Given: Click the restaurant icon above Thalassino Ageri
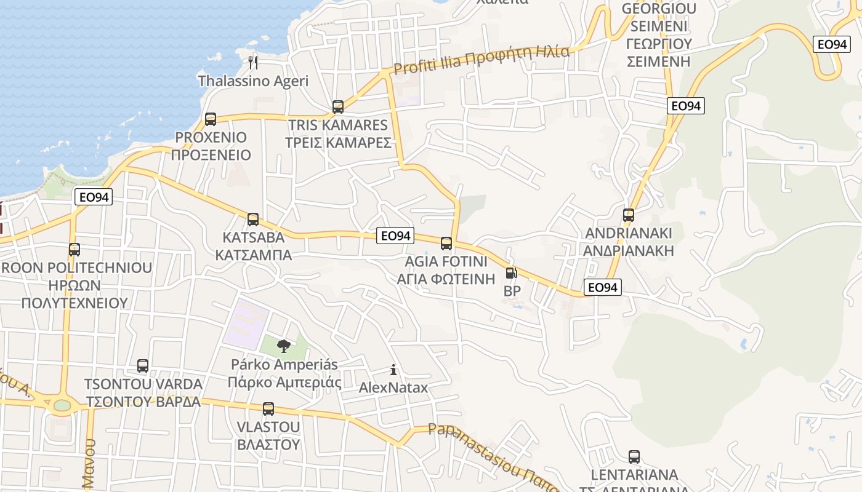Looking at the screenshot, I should [252, 61].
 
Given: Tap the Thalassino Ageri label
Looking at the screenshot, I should [253, 81].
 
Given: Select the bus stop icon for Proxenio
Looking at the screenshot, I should [211, 119].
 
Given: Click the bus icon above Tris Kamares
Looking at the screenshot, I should [338, 107].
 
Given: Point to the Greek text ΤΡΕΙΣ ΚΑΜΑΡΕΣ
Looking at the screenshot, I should [338, 143].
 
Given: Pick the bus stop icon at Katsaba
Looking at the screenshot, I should [253, 220].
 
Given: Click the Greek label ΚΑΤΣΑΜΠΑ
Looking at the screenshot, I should [254, 255].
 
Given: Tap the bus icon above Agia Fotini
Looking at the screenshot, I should [446, 244].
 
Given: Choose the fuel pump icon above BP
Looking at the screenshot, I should [511, 273].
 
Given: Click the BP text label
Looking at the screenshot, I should [512, 291].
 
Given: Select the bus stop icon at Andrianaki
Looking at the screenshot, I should [629, 215].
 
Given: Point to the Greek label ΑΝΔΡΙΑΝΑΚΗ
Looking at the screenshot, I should [629, 251].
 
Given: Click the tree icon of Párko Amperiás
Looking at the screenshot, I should [283, 346].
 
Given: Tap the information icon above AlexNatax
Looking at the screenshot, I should [393, 370].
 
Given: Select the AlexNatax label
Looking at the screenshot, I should [393, 388].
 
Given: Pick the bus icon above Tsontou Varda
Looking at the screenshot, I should [143, 366].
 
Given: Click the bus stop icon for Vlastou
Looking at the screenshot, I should [268, 409].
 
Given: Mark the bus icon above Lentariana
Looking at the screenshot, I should [634, 457].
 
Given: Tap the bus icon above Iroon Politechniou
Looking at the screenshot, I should [75, 250].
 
